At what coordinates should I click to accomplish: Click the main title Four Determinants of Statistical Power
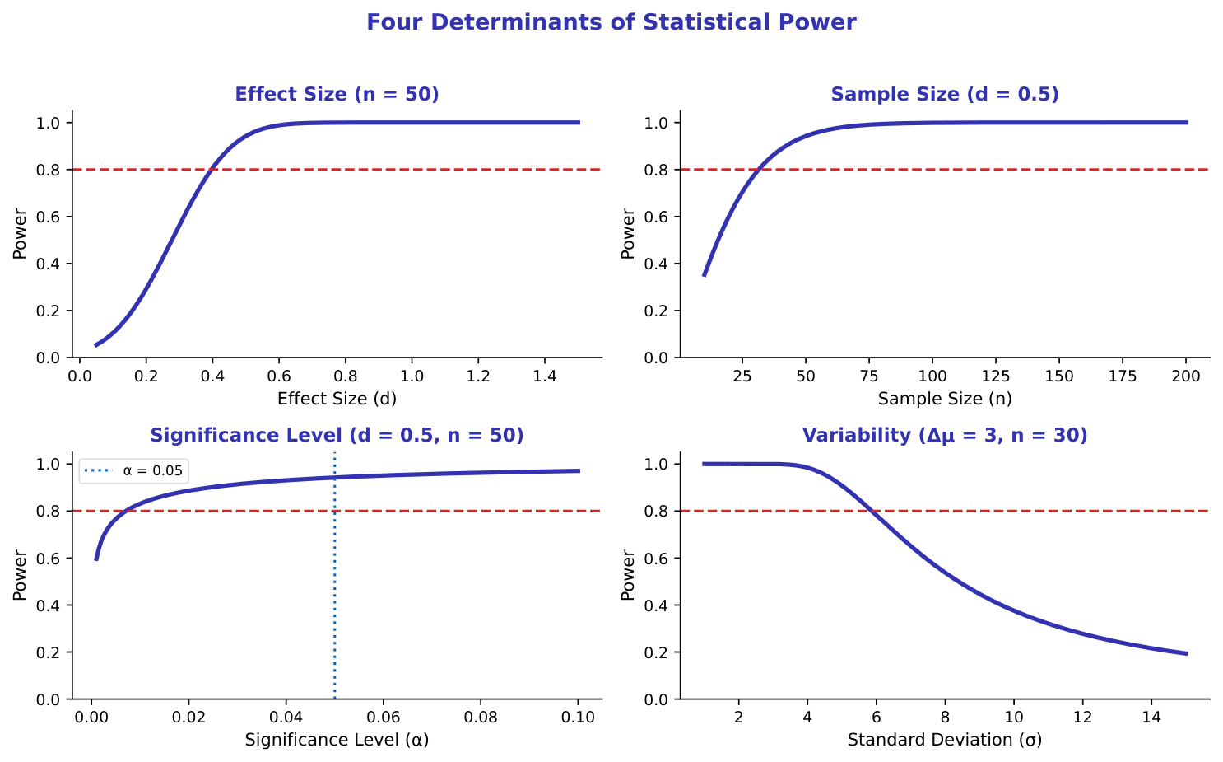point(611,22)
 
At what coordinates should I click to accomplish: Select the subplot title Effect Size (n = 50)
point(337,94)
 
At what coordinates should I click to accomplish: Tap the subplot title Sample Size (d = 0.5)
point(945,94)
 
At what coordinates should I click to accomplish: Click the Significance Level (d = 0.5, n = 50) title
point(337,435)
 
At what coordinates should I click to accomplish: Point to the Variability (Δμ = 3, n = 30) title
point(945,435)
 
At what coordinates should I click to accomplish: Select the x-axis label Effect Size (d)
point(337,400)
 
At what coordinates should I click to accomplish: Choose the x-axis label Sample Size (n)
point(945,400)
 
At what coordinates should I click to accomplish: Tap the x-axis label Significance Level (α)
point(337,741)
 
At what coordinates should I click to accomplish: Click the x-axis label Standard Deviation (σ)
point(945,741)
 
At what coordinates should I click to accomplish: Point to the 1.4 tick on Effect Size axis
point(545,376)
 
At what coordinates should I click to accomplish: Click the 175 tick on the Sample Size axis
point(1123,376)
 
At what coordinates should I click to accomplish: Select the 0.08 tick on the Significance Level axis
point(481,717)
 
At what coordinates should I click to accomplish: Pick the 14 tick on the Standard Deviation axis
point(1152,717)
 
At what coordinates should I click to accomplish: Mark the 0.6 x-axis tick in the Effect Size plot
point(279,376)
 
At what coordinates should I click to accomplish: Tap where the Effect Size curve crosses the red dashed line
point(212,170)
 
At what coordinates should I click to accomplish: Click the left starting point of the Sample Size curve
point(704,276)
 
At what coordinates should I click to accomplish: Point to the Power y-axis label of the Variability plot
point(628,575)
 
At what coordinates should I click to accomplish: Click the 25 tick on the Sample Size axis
point(742,376)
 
